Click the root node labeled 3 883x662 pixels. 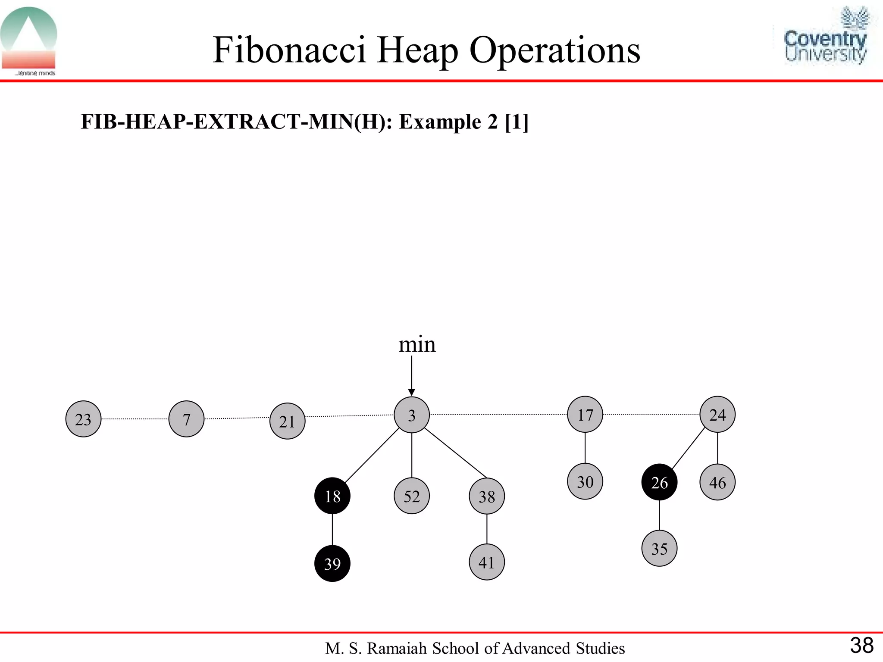pos(412,415)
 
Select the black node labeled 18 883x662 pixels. pos(332,496)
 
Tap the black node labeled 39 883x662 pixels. pos(332,563)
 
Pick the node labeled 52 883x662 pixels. pos(412,496)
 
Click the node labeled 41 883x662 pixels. pos(487,562)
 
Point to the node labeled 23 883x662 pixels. pos(83,419)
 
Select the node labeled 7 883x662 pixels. pos(186,419)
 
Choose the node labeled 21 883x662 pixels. pos(287,421)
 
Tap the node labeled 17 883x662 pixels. pos(585,415)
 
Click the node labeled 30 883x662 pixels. pos(585,481)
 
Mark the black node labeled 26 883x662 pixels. pos(659,482)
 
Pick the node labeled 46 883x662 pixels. pos(717,482)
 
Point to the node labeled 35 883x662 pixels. pos(659,548)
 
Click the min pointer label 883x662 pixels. pos(417,345)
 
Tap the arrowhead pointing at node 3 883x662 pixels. pos(412,392)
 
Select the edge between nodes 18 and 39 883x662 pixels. pos(332,530)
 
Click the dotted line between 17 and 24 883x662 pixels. pos(651,414)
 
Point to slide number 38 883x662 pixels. pos(861,646)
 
